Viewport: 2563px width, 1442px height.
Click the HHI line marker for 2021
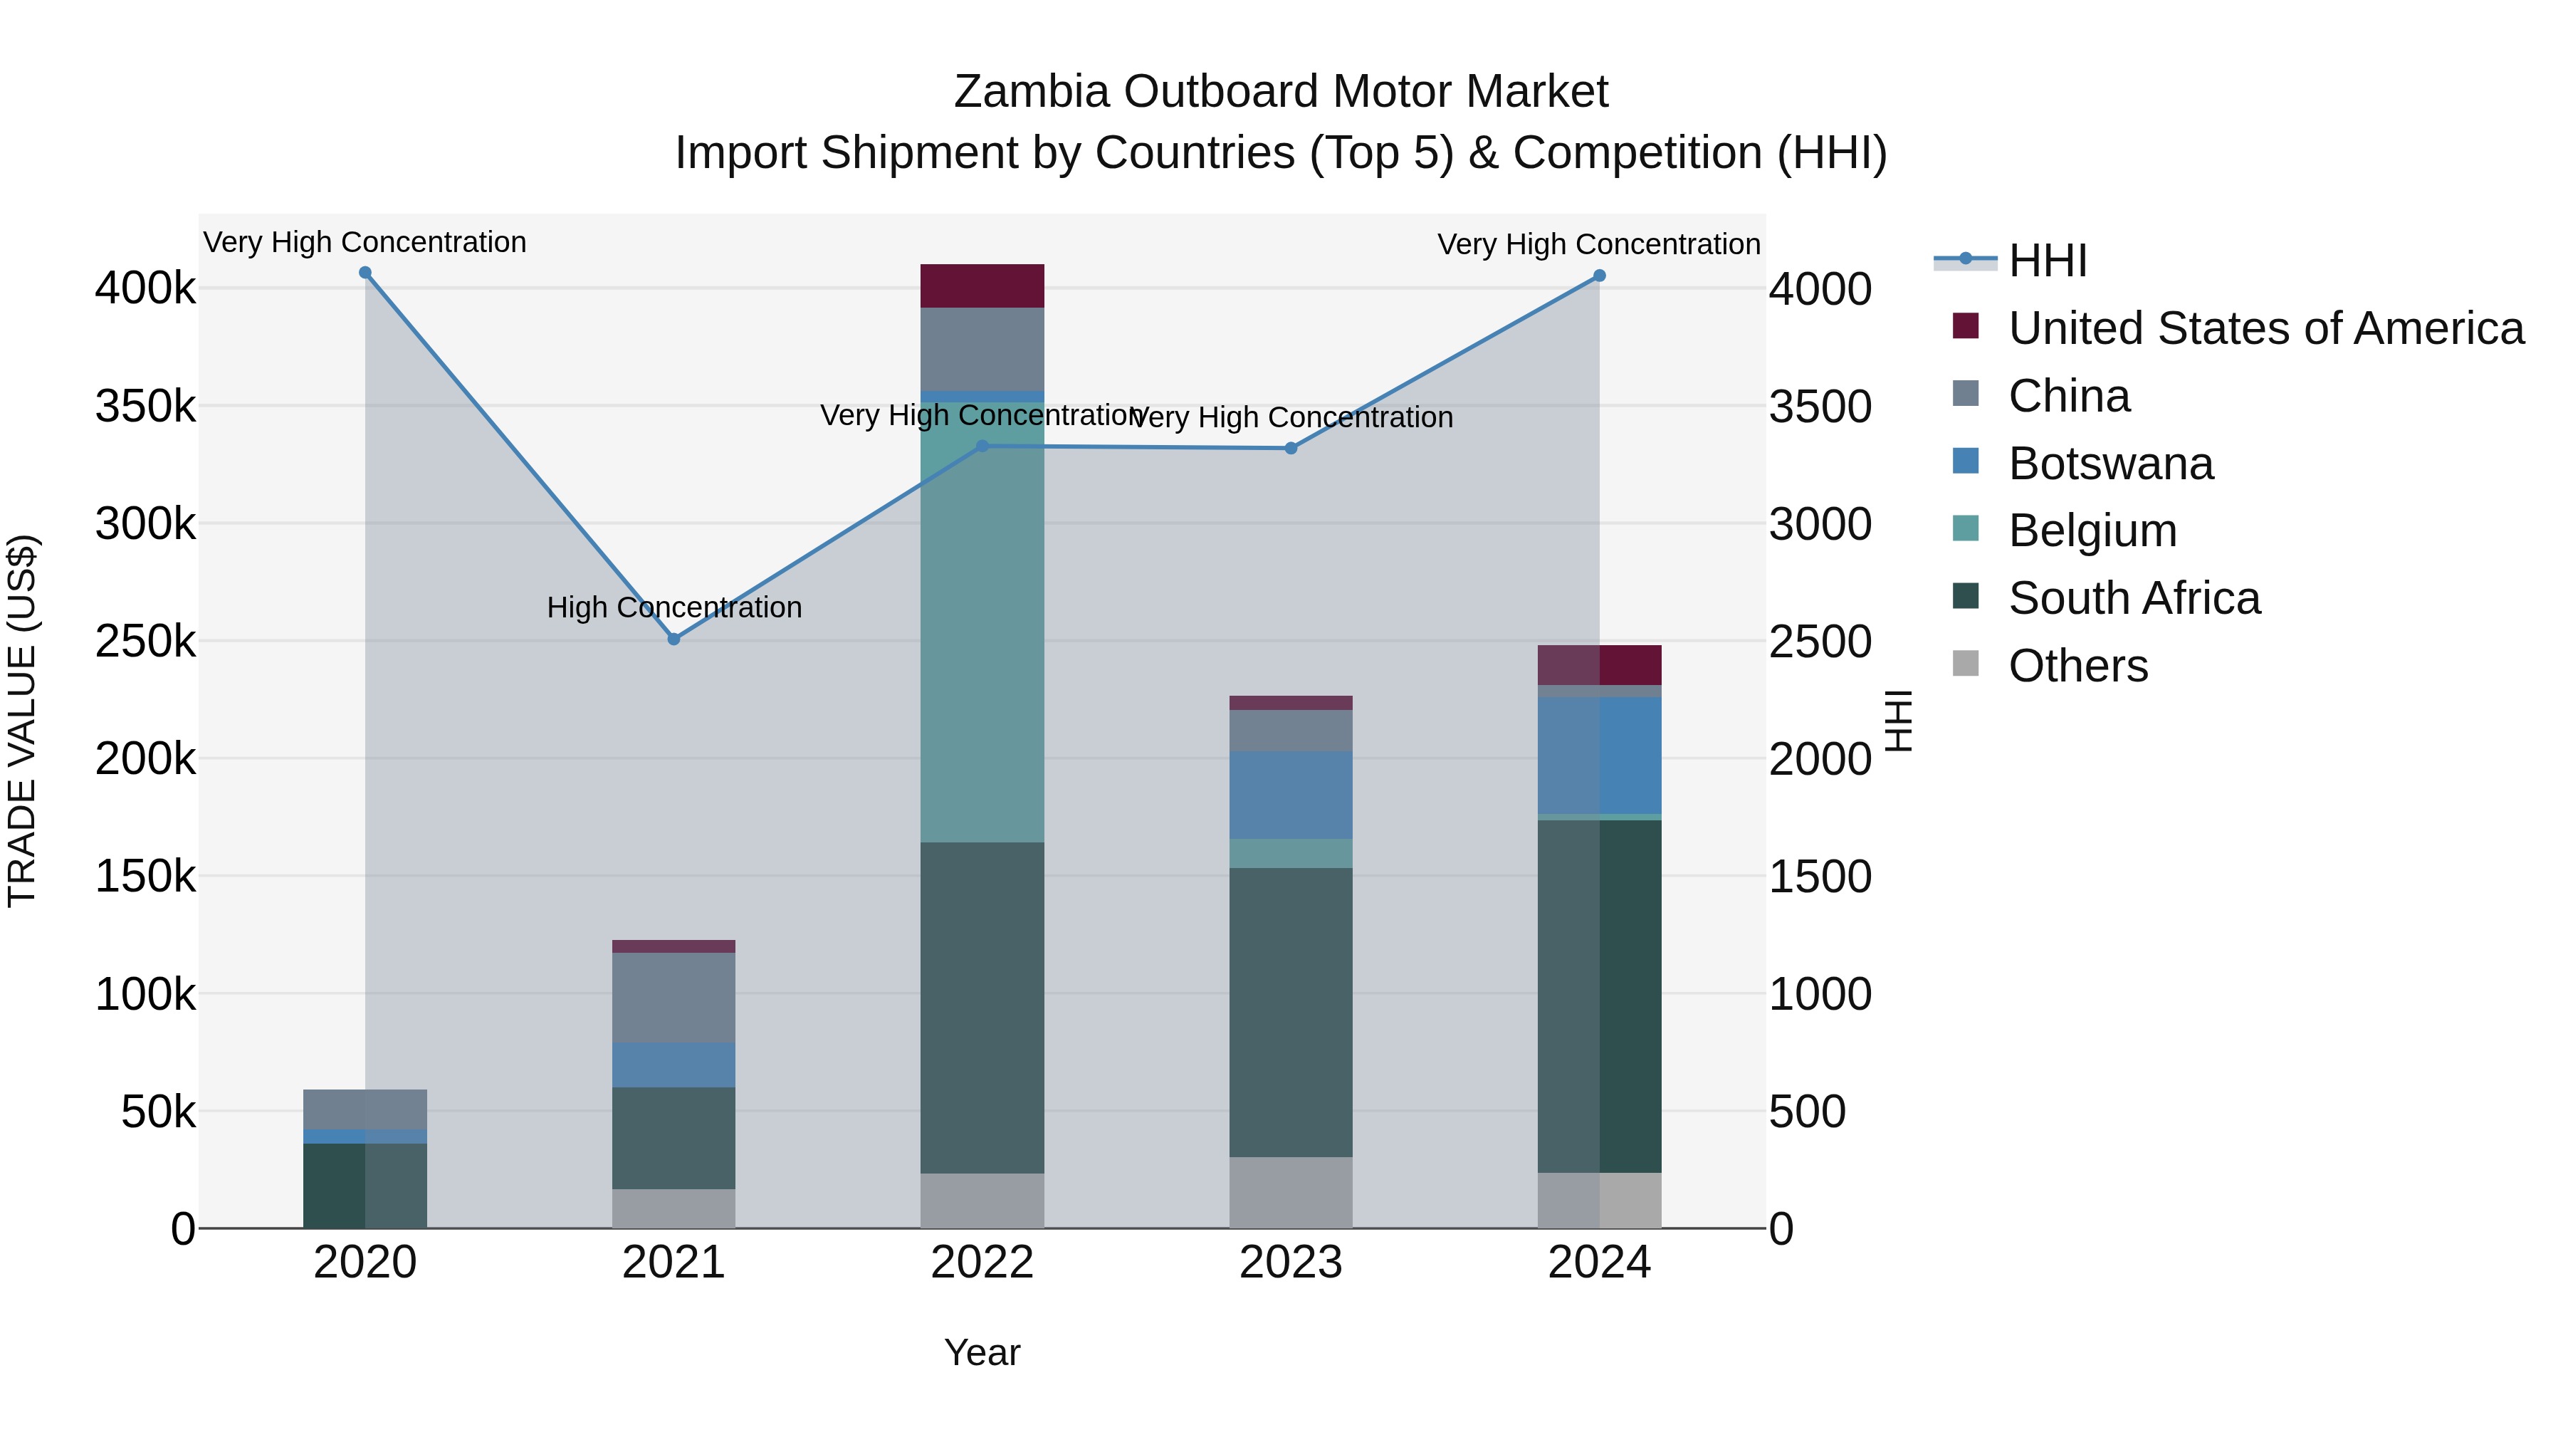pos(673,639)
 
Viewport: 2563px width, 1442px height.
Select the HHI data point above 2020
pos(365,273)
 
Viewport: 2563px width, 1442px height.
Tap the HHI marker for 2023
pos(1291,448)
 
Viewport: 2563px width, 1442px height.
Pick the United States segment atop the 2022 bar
pos(982,286)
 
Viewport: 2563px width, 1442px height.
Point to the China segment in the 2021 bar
pos(673,997)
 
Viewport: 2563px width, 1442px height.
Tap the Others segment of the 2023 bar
pos(1291,1191)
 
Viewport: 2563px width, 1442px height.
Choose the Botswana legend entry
pos(2109,464)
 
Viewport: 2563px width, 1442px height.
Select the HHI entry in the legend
pos(2047,261)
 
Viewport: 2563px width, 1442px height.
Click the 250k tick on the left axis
pos(145,642)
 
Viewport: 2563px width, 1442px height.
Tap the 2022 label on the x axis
pos(982,1263)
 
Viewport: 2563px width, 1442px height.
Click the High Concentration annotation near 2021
pos(673,607)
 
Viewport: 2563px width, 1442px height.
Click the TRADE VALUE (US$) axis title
pos(22,721)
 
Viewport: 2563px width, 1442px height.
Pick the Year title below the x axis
pos(982,1352)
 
